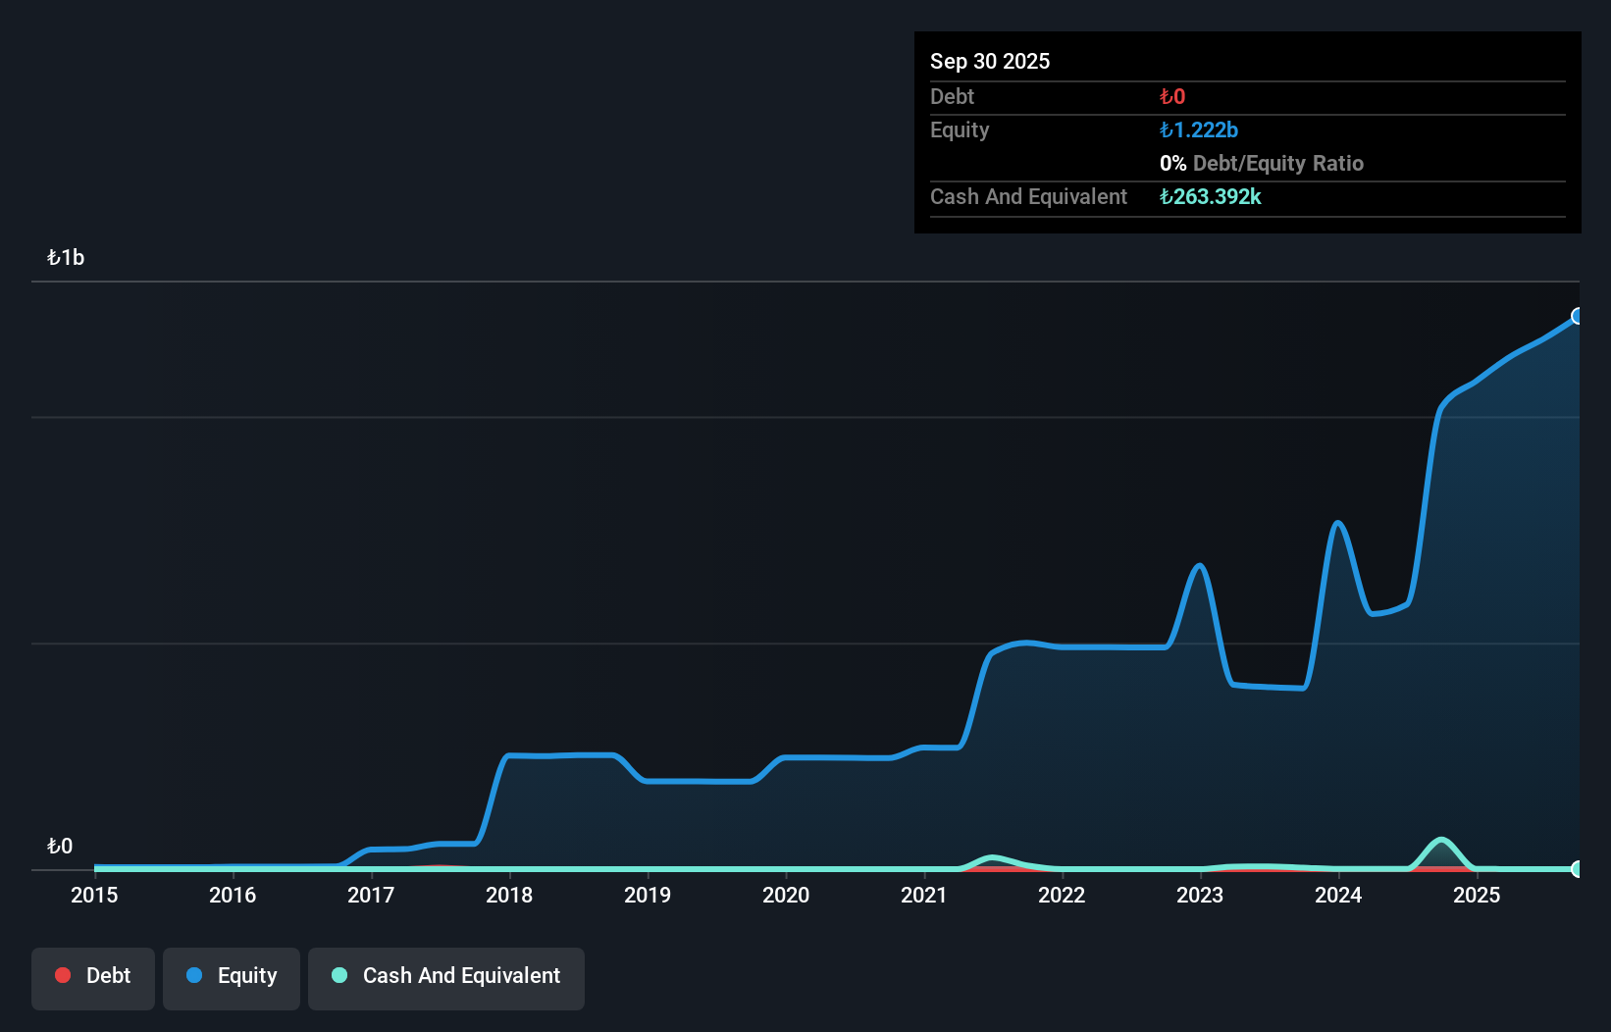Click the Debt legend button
coord(93,976)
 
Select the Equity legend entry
coord(232,976)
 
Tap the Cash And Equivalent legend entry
coord(446,976)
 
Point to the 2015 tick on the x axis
coord(94,895)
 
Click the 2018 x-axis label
coord(509,895)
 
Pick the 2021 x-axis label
coord(924,895)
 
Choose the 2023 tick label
coord(1200,895)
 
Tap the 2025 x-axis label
coord(1477,895)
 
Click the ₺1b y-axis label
coord(66,258)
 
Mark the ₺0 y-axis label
coord(60,847)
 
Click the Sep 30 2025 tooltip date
coord(990,61)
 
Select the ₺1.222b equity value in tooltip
coord(1199,130)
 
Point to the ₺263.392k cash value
coord(1211,197)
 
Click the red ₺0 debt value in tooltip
coord(1172,97)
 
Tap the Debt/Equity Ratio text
coord(1277,164)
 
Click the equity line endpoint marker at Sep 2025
coord(1578,316)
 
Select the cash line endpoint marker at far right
coord(1578,869)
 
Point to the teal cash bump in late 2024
coord(1440,841)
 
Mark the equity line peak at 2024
coord(1337,523)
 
